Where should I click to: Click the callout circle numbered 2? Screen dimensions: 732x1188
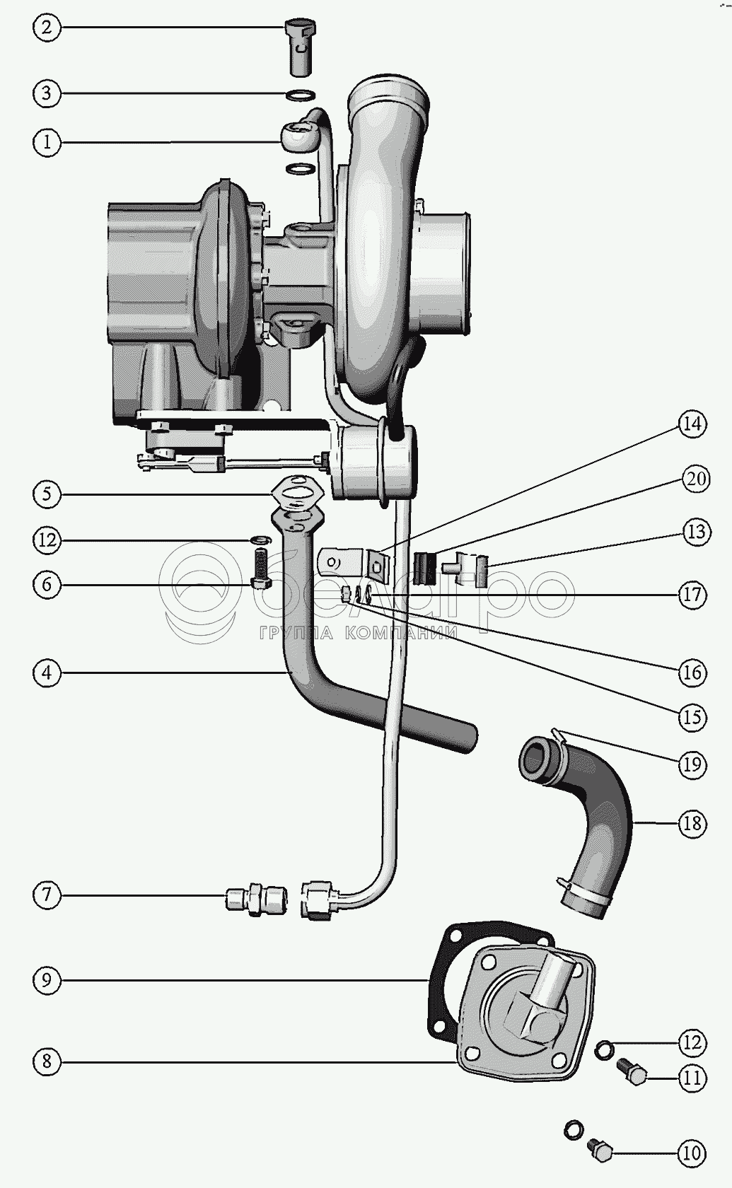tap(47, 28)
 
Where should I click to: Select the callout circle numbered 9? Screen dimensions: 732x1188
tap(47, 980)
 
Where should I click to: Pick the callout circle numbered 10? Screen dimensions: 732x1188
tap(692, 1153)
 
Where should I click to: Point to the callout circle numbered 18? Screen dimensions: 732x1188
tap(693, 824)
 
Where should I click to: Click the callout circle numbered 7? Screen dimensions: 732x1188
tap(47, 895)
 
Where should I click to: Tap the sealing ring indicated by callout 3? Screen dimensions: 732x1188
tap(300, 95)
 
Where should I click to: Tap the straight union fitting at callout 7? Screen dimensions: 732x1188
tap(256, 897)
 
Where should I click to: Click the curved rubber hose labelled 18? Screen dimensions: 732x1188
tap(579, 822)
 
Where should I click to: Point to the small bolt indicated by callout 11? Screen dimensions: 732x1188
tap(632, 1071)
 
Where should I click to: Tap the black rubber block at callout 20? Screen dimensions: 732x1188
tap(424, 568)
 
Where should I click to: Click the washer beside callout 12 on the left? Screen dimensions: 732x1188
tap(260, 540)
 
